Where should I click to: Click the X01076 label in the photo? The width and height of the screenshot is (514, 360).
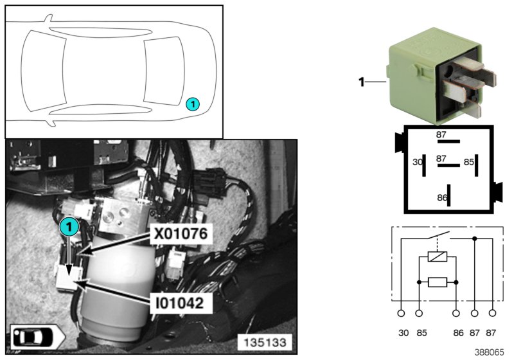coord(181,234)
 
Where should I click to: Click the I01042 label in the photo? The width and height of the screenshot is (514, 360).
coord(180,303)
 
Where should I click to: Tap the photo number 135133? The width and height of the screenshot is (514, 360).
coord(265,343)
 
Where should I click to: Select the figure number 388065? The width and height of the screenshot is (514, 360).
coord(489,352)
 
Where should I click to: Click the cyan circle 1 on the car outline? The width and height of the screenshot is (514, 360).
coord(193,104)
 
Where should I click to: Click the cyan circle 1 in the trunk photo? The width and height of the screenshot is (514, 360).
coord(69,226)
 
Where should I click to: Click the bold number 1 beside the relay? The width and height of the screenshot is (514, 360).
coord(362,82)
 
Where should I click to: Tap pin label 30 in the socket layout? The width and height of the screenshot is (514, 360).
coord(417,162)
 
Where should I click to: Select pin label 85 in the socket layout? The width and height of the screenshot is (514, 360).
coord(469,162)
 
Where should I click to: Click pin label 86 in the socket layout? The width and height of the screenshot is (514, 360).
coord(442,198)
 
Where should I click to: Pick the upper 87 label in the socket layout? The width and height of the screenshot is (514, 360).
coord(441,135)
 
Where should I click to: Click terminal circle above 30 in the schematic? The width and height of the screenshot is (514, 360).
coord(401,314)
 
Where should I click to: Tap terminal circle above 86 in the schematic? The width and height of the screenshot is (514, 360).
coord(456,314)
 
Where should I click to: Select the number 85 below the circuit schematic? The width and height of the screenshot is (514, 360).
coord(421,333)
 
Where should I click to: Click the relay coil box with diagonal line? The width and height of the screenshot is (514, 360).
coord(438,256)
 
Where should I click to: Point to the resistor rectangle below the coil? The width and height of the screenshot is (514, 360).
coord(438,282)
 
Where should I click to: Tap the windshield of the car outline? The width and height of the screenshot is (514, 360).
coord(43,71)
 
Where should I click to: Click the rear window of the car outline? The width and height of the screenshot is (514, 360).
coord(164,71)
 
